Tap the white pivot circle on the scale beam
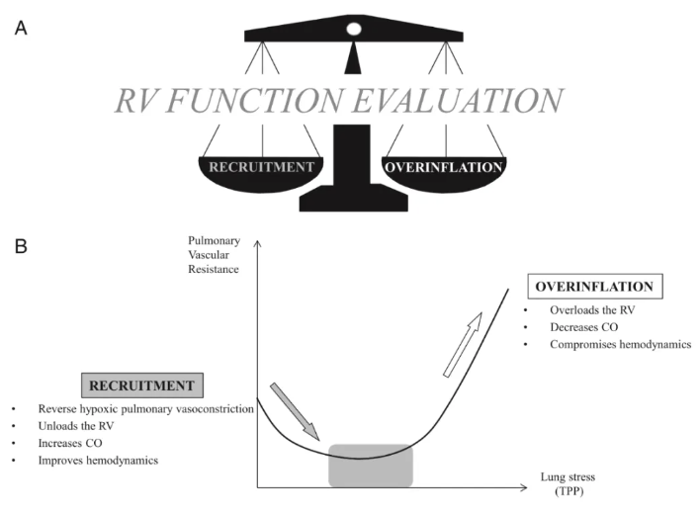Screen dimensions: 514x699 tap(353, 29)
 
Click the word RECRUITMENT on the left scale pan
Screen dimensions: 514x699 tap(262, 166)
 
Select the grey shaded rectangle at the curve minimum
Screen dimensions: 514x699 tap(370, 465)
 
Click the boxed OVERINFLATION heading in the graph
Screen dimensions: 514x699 tap(596, 287)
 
